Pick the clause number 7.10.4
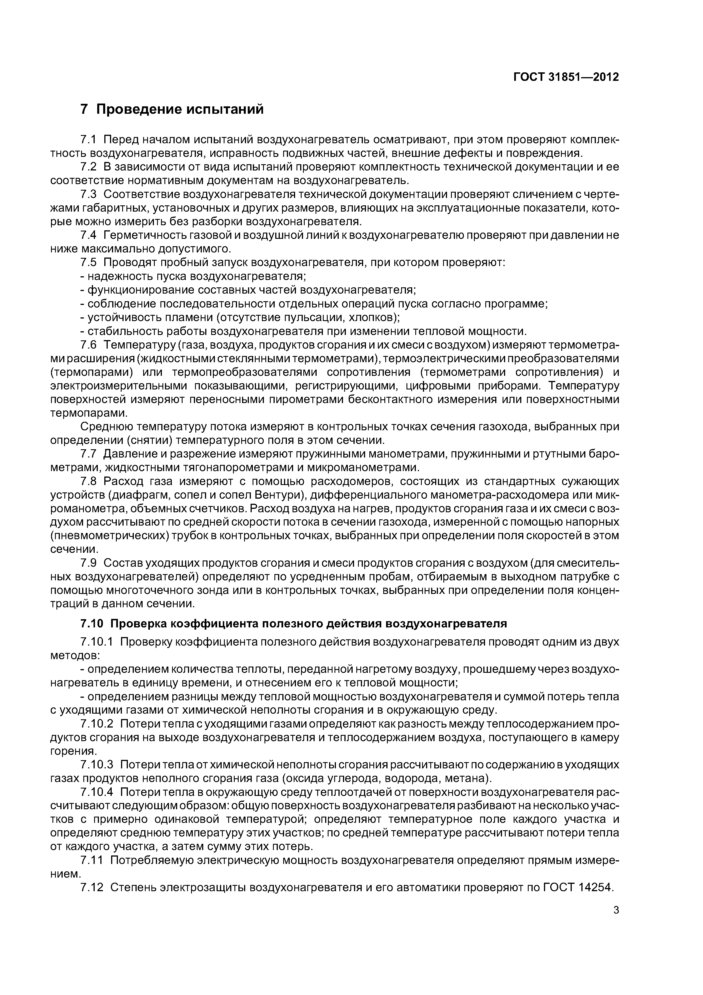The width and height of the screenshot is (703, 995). click(97, 792)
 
